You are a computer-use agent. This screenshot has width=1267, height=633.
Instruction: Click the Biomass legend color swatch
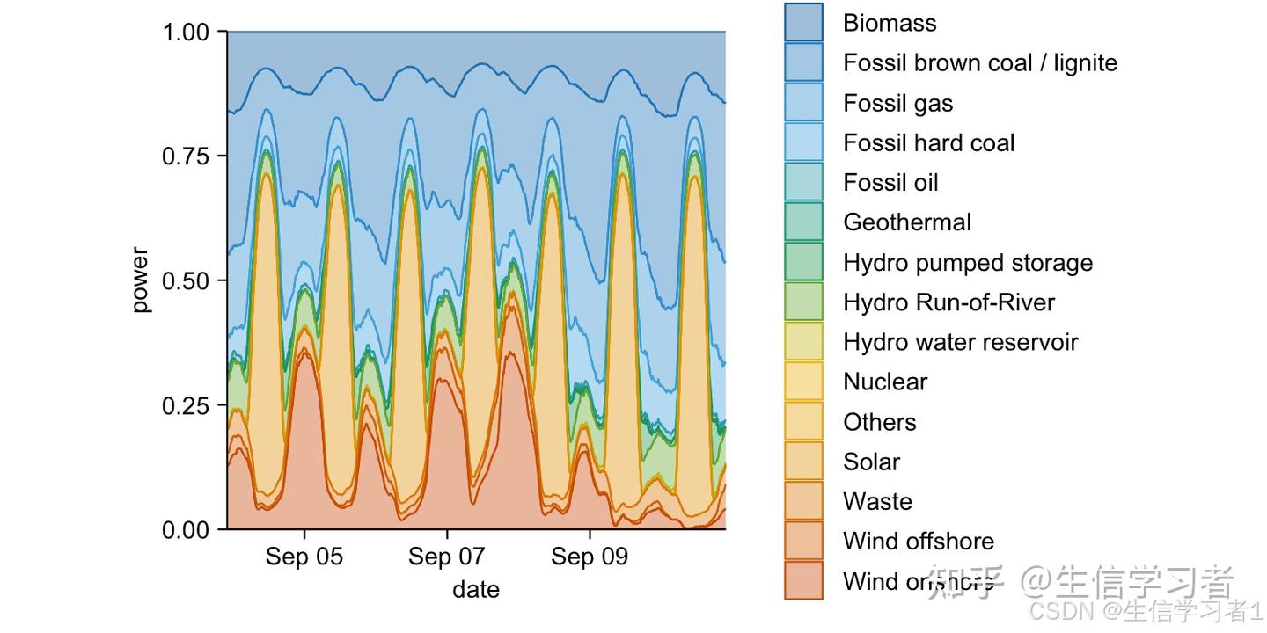(803, 23)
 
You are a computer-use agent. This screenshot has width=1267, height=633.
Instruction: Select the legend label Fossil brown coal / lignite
(979, 63)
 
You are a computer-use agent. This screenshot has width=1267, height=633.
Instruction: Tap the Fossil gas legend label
(897, 104)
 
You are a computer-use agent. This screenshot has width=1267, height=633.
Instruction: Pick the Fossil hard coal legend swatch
(803, 142)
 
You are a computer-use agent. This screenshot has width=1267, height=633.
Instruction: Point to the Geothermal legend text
(906, 222)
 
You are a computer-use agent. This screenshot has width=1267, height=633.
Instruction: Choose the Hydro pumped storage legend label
(967, 263)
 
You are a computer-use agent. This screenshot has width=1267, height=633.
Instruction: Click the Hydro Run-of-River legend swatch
(803, 302)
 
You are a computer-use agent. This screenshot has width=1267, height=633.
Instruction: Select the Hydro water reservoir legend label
(960, 342)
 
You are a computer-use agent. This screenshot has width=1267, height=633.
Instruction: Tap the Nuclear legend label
(884, 382)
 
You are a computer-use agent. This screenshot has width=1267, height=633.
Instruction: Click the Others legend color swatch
(803, 421)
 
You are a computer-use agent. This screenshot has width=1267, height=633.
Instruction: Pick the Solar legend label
(871, 462)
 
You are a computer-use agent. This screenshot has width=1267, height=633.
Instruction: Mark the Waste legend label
(877, 501)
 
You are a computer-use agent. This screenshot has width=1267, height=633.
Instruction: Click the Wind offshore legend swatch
(803, 541)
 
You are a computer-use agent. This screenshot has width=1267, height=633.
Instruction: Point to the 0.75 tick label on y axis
(187, 156)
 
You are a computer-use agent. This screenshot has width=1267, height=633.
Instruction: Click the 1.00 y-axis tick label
(187, 33)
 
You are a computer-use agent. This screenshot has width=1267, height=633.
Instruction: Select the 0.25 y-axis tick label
(187, 405)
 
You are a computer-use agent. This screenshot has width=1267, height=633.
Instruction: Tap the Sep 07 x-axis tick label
(447, 557)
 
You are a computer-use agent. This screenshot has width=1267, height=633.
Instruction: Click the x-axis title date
(476, 589)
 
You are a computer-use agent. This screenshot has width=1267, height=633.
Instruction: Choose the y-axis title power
(140, 280)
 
